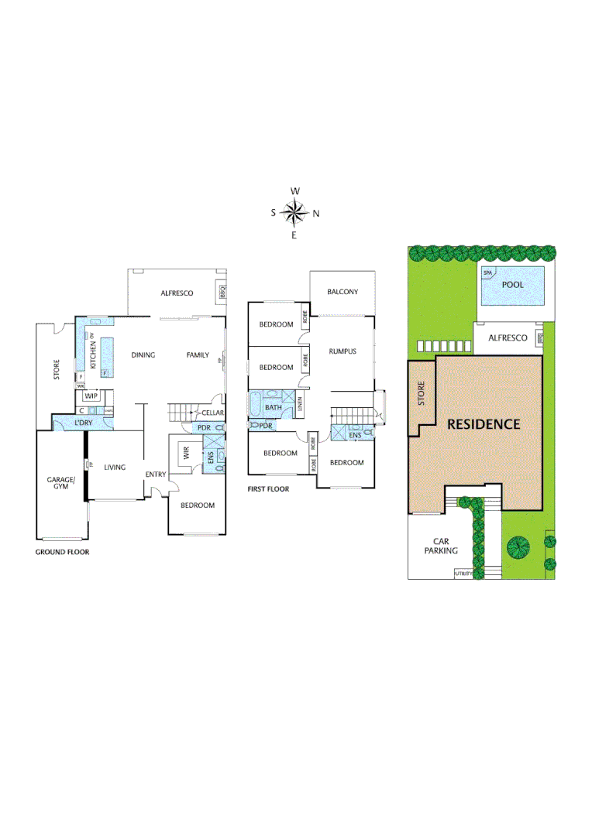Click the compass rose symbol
coord(294,212)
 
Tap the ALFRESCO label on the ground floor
coord(177,293)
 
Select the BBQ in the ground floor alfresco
coord(221,293)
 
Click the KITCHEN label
coord(92,353)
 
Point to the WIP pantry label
coord(91,396)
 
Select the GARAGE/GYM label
coord(60,483)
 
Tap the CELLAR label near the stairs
coord(212,413)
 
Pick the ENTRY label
coord(156,474)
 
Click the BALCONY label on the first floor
coord(342,292)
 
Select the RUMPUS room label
coord(342,351)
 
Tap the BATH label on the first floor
coord(274,407)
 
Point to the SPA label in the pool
coord(488,273)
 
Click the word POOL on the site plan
coord(512,285)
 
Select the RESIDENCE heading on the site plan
coord(482,424)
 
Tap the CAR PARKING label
coord(440,546)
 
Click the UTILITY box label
coord(463,574)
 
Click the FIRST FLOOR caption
coord(268,488)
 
